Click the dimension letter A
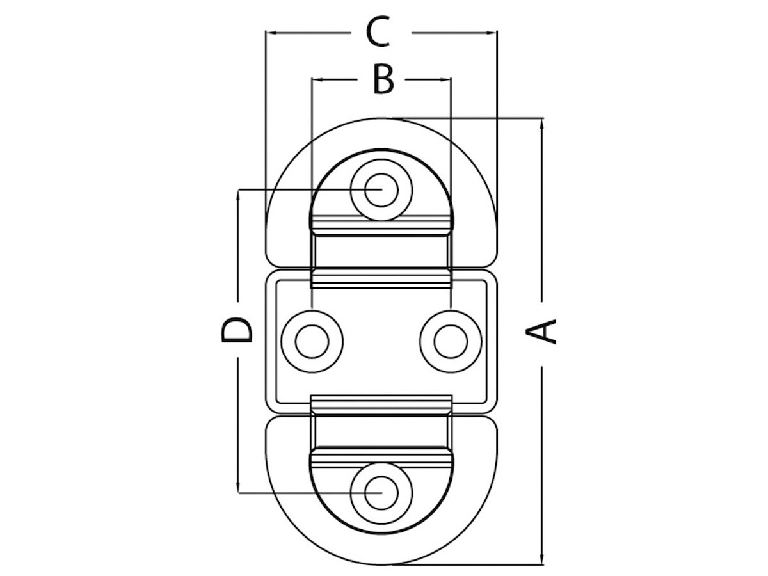click(x=541, y=332)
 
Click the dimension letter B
click(x=383, y=81)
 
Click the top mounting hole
click(x=381, y=190)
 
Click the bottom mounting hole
click(x=381, y=493)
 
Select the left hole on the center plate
click(x=312, y=341)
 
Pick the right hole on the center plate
click(x=451, y=341)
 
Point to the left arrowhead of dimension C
click(x=269, y=32)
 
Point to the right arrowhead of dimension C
click(x=493, y=32)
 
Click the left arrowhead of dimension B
click(x=315, y=80)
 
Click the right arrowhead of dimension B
click(x=448, y=80)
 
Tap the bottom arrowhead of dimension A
click(x=542, y=561)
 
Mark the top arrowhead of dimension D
click(x=238, y=194)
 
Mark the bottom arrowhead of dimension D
click(x=238, y=488)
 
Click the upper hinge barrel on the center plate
click(x=381, y=278)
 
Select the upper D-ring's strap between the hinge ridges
click(x=381, y=252)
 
